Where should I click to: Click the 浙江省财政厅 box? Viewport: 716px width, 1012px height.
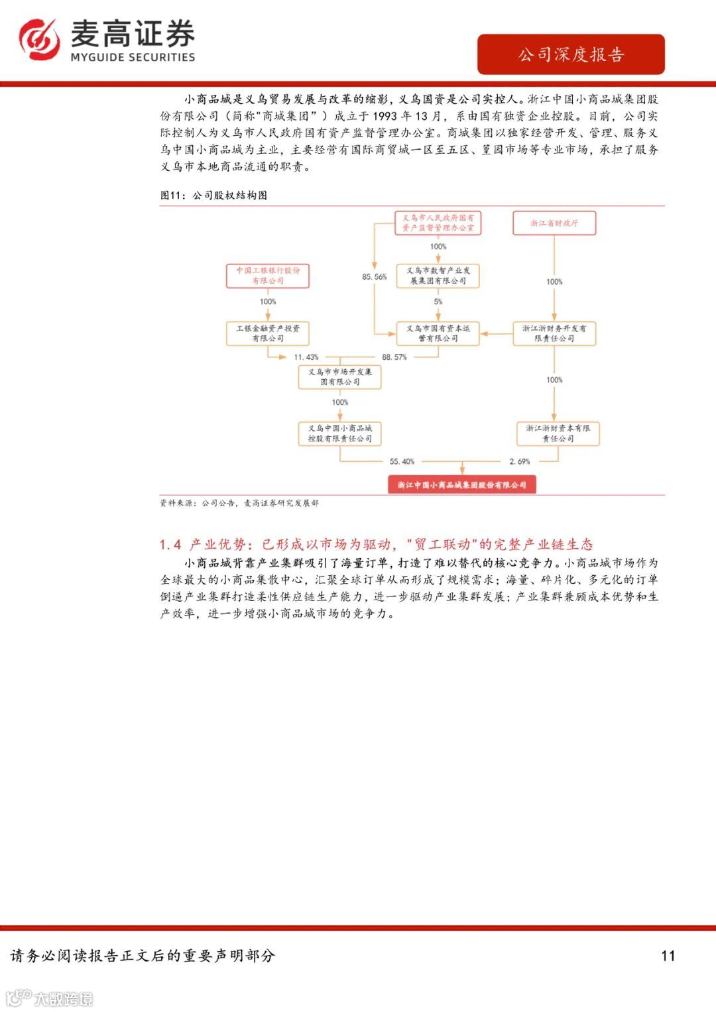pyautogui.click(x=554, y=223)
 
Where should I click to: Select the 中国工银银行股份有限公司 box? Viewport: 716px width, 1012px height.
pyautogui.click(x=268, y=276)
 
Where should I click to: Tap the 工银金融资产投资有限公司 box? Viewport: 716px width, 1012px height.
pyautogui.click(x=268, y=333)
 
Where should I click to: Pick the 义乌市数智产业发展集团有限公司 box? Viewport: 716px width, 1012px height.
pyautogui.click(x=438, y=276)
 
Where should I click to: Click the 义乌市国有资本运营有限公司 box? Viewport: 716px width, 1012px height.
pyautogui.click(x=438, y=333)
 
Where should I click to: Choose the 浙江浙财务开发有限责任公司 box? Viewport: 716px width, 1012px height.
pyautogui.click(x=554, y=333)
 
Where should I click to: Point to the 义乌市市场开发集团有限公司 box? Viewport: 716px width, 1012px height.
pyautogui.click(x=339, y=376)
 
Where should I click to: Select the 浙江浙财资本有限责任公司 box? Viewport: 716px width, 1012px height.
pyautogui.click(x=558, y=433)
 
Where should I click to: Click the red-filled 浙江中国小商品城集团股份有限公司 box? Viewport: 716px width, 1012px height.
pyautogui.click(x=461, y=485)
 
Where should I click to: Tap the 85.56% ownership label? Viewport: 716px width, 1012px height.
pyautogui.click(x=374, y=277)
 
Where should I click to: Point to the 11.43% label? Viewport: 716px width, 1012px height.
pyautogui.click(x=306, y=357)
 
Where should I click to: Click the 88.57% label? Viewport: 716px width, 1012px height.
pyautogui.click(x=394, y=357)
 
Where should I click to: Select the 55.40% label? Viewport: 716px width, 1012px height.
pyautogui.click(x=402, y=461)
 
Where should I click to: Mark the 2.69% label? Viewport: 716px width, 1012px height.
pyautogui.click(x=520, y=461)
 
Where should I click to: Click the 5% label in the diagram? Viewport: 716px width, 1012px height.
pyautogui.click(x=438, y=302)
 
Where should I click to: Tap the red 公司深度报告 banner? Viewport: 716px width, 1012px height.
pyautogui.click(x=571, y=54)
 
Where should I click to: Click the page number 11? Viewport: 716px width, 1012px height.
pyautogui.click(x=668, y=956)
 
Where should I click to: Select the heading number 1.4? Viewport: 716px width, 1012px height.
pyautogui.click(x=170, y=545)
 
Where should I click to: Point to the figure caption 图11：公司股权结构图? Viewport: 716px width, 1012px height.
pyautogui.click(x=213, y=196)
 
